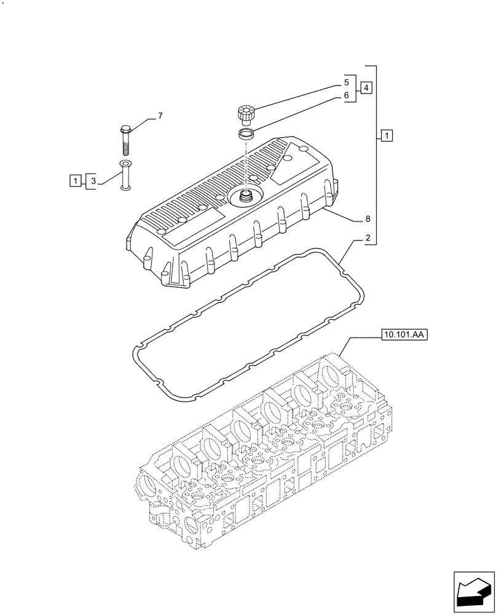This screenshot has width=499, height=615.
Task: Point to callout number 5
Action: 346,82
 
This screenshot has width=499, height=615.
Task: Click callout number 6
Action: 346,95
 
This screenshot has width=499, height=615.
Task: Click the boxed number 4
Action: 366,87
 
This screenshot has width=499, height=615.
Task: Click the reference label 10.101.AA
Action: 404,335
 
